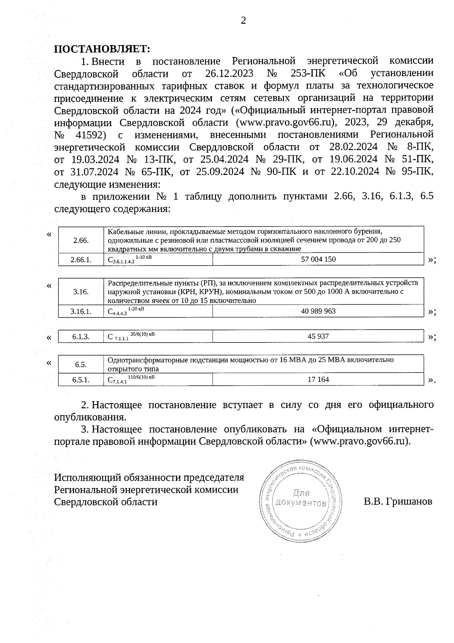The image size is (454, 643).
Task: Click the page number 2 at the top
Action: tap(243, 20)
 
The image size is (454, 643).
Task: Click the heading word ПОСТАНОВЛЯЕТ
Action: tap(102, 49)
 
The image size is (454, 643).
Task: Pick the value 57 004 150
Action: tap(318, 259)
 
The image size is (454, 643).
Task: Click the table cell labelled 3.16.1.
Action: tap(81, 311)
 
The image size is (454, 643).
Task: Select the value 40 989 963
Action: tap(318, 311)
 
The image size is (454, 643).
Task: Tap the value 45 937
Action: tap(318, 336)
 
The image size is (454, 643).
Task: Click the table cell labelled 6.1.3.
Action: tap(81, 336)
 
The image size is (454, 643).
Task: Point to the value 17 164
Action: tap(318, 379)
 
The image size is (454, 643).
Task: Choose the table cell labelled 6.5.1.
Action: tap(81, 380)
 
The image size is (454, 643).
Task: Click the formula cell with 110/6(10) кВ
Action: tap(158, 379)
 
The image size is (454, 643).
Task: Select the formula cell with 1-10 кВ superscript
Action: tap(158, 259)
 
